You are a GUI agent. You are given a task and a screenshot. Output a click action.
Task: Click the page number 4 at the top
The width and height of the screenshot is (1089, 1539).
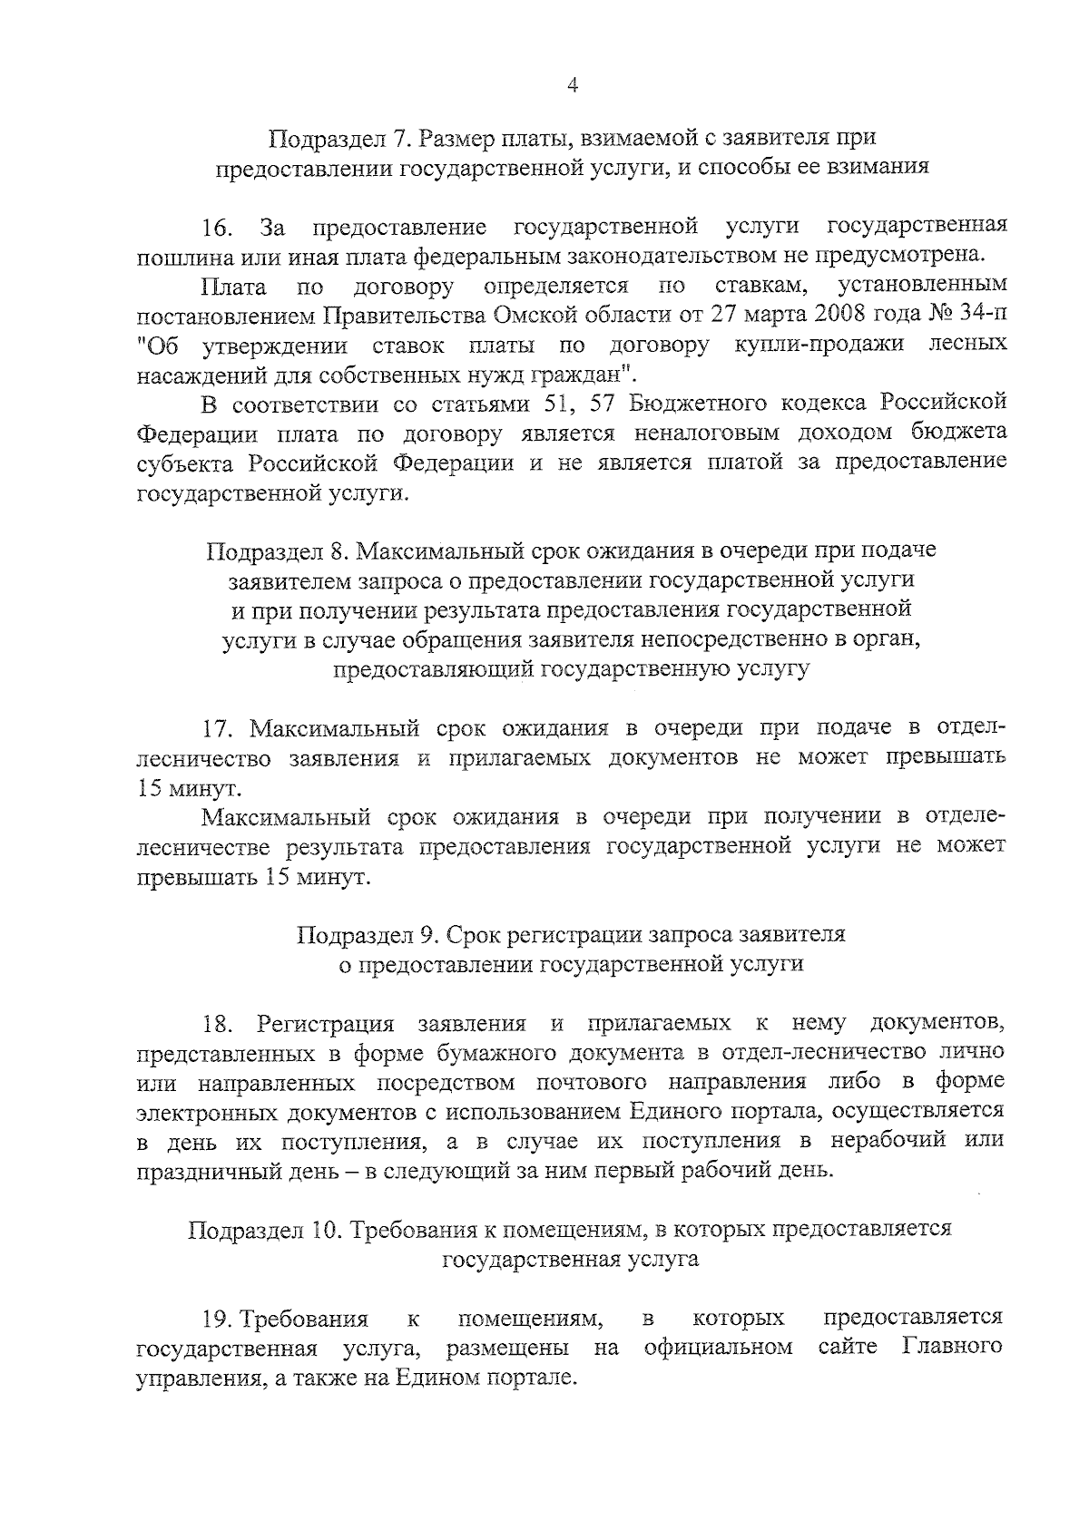tap(573, 85)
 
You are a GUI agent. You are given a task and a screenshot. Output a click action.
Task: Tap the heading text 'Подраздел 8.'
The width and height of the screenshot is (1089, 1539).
tap(278, 550)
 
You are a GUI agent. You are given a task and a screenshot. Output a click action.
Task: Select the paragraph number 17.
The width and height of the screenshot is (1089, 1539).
tap(218, 728)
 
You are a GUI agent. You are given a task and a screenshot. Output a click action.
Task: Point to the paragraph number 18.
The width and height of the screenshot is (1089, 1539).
tap(218, 1025)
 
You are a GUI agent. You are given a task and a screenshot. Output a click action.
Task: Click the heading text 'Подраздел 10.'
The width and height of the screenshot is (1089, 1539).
tap(265, 1229)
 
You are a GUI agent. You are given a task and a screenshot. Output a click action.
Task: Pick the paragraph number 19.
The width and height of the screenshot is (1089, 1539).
tap(218, 1318)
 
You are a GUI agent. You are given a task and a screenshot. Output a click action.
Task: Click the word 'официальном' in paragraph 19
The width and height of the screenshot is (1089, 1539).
tap(718, 1348)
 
